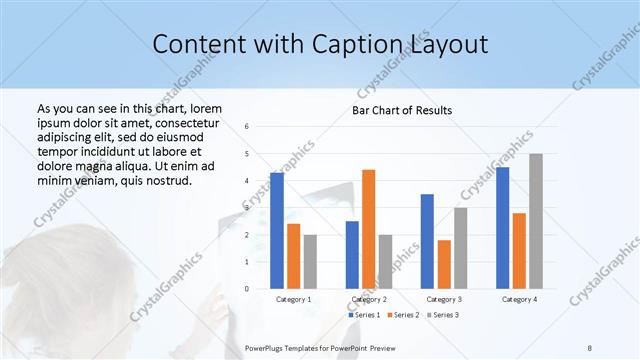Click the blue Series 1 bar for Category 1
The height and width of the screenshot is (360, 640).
pos(277,231)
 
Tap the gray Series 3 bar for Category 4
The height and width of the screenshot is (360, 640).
pos(536,221)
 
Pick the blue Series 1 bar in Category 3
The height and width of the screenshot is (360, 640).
pos(427,241)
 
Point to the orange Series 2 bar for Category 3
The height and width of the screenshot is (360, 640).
pos(444,264)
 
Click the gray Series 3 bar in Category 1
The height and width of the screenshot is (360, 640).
pos(310,262)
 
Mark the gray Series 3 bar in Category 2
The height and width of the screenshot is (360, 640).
pos(385,262)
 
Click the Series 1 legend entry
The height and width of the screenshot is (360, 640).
pos(365,315)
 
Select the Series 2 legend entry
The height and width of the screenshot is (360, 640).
pos(404,315)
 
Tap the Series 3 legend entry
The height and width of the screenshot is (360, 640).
pos(444,315)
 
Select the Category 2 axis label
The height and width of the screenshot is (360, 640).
pos(368,299)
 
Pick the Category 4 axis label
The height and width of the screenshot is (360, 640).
pos(519,299)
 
